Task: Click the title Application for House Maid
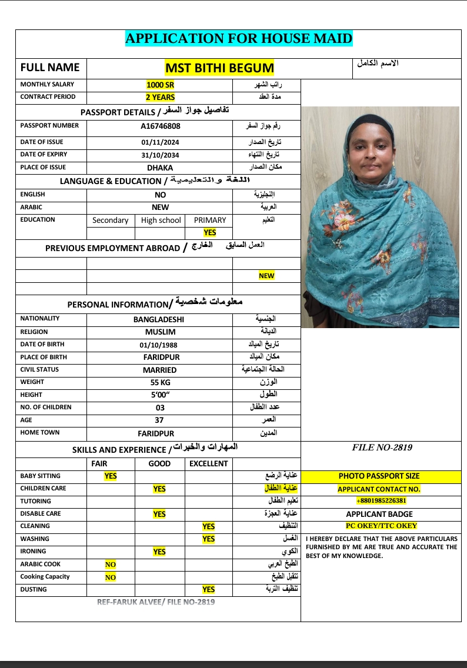pyautogui.click(x=238, y=39)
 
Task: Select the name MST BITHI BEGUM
pyautogui.click(x=219, y=68)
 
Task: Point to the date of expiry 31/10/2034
pyautogui.click(x=160, y=155)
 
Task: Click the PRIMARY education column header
pyautogui.click(x=209, y=221)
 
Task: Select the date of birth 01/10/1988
pyautogui.click(x=158, y=345)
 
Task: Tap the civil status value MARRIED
pyautogui.click(x=159, y=370)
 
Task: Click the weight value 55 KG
pyautogui.click(x=159, y=383)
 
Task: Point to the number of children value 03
pyautogui.click(x=160, y=408)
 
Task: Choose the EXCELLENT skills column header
pyautogui.click(x=208, y=463)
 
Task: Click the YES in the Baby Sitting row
pyautogui.click(x=110, y=476)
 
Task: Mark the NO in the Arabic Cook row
pyautogui.click(x=110, y=565)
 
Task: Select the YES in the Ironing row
pyautogui.click(x=159, y=552)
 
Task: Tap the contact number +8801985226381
pyautogui.click(x=381, y=501)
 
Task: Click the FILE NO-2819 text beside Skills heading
pyautogui.click(x=382, y=447)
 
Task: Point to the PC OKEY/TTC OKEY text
pyautogui.click(x=381, y=526)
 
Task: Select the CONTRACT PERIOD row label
pyautogui.click(x=48, y=97)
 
